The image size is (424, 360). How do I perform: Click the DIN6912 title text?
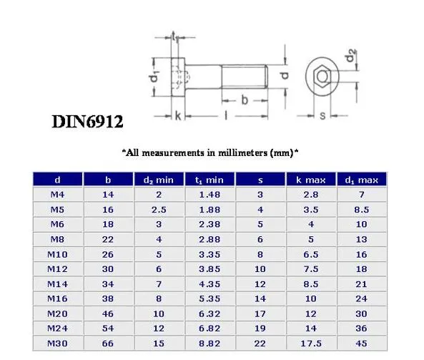point(87,121)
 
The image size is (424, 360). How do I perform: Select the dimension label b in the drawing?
point(244,101)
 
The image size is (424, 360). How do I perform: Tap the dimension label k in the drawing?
point(178,115)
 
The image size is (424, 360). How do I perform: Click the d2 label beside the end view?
point(350,56)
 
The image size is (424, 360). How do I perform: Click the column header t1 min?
point(209,180)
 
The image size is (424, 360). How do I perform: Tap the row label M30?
point(57,345)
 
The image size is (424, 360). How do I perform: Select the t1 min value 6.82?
point(209,330)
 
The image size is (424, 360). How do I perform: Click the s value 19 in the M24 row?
point(260,330)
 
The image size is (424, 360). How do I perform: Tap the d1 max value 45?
point(362,345)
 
